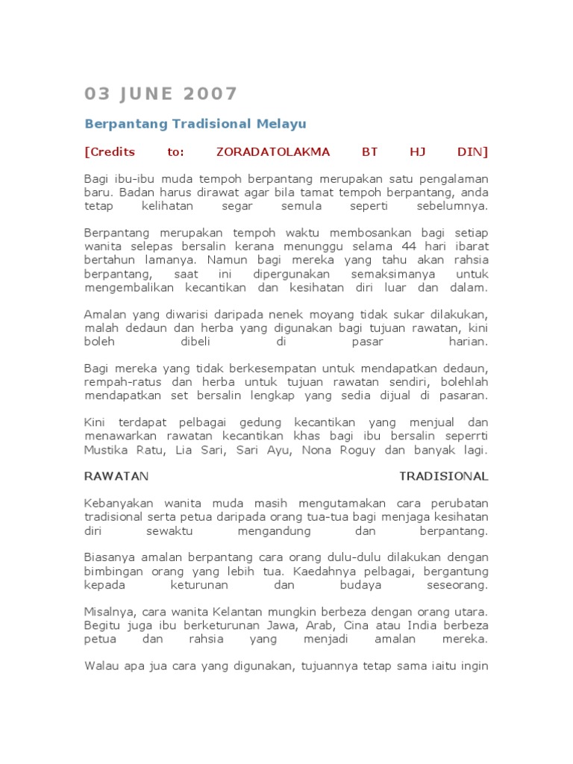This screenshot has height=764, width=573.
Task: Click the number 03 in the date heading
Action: [98, 94]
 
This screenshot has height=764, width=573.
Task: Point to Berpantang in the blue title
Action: [126, 123]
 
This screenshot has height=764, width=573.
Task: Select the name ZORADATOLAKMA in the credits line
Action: [273, 151]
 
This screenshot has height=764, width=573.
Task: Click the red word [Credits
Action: [110, 151]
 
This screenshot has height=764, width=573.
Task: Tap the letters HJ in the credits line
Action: [417, 151]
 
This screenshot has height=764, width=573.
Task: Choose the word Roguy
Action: [360, 450]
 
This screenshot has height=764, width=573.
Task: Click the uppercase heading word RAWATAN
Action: [117, 476]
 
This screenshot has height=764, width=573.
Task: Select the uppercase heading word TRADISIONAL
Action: [444, 476]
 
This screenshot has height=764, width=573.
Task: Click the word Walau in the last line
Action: [101, 666]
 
